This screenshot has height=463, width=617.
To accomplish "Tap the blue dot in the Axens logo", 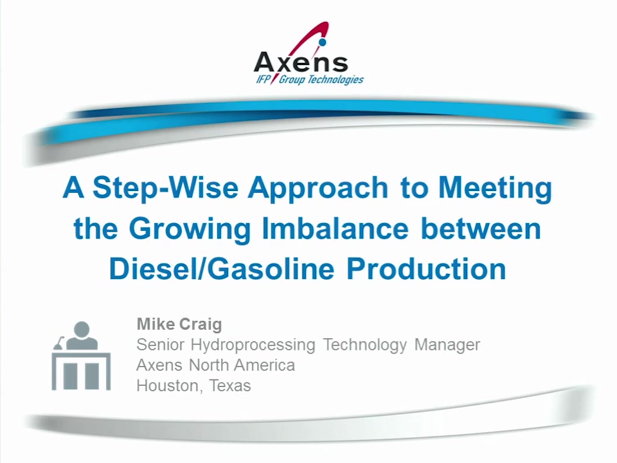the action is point(323,41).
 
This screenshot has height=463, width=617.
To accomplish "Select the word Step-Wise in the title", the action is point(166,188).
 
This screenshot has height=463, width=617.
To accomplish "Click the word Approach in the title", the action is point(318,189).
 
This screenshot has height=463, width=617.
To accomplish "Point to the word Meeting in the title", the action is point(496,189).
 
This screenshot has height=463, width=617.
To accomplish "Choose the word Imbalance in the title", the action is point(335,228).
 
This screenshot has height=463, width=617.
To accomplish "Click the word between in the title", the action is point(481,228).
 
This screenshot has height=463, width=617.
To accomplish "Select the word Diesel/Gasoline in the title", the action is point(222,269).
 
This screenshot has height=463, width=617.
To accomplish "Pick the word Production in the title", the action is point(426,269).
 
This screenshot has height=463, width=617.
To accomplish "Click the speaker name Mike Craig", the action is point(179,324).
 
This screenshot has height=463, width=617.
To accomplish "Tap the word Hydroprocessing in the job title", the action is point(253,345).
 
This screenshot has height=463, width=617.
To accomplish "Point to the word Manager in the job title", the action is point(447,345).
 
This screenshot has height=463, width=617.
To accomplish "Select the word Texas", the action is point(230,386).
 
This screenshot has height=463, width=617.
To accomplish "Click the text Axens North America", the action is point(216,365).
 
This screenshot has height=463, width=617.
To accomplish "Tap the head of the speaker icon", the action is point(82,329).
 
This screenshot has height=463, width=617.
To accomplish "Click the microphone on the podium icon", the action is point(58,343).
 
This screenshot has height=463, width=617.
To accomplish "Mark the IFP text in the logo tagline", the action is point(264,80).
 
